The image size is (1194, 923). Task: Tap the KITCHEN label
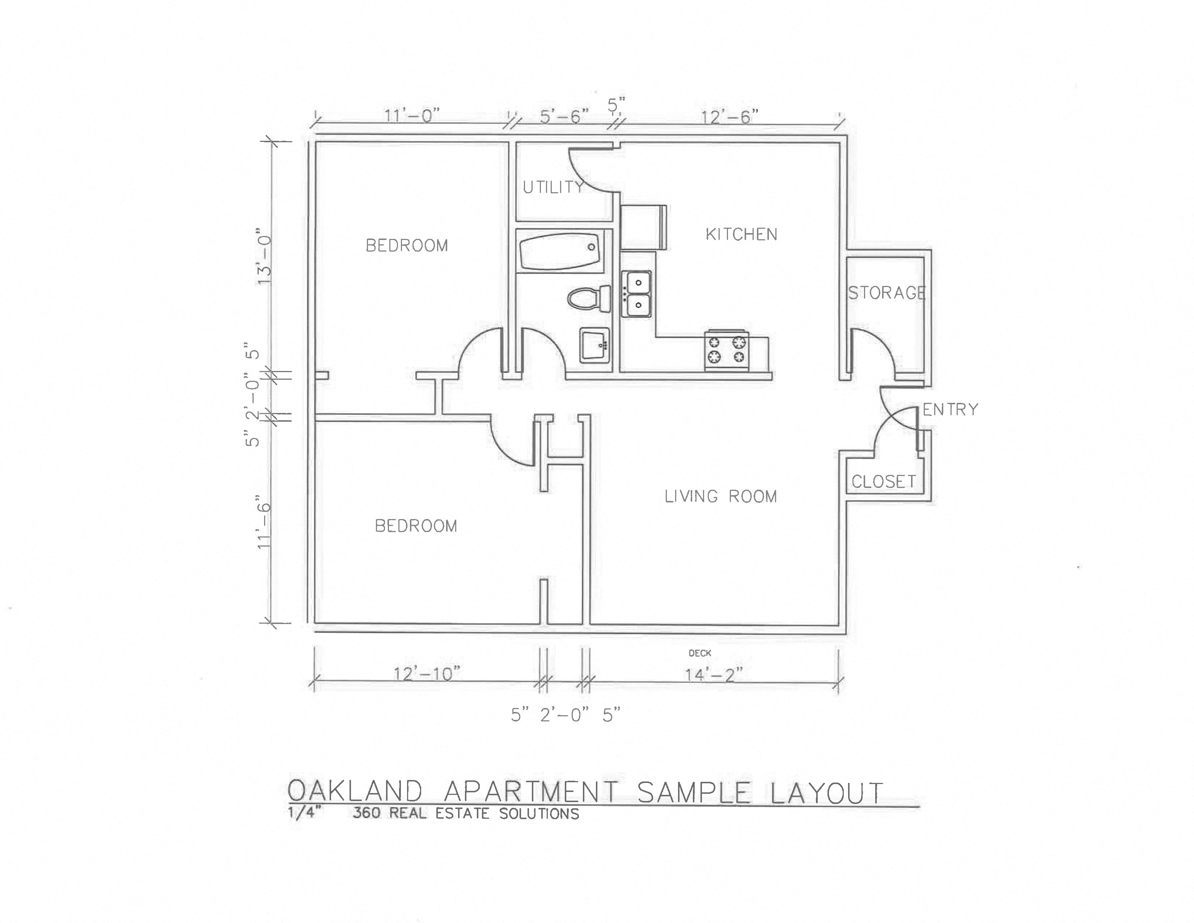click(x=741, y=235)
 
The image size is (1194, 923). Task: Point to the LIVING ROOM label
click(x=720, y=497)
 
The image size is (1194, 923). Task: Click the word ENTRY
click(x=950, y=409)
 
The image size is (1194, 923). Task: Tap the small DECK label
click(x=700, y=653)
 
